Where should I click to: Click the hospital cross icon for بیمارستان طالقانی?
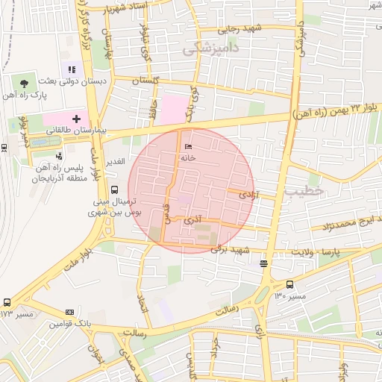pos(76,119)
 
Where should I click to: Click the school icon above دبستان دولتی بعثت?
pos(72,69)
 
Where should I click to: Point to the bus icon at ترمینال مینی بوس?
pos(113,190)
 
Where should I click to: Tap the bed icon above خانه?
pos(187,146)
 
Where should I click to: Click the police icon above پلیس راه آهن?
pos(57,156)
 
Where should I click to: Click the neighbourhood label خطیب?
pos(304,191)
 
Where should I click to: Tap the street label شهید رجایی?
pos(240,29)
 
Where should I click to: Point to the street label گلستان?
pos(145,80)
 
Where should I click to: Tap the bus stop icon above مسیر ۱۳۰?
pos(289,284)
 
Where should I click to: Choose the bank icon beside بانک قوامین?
pos(69,313)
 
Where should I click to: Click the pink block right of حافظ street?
pos(175,109)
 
